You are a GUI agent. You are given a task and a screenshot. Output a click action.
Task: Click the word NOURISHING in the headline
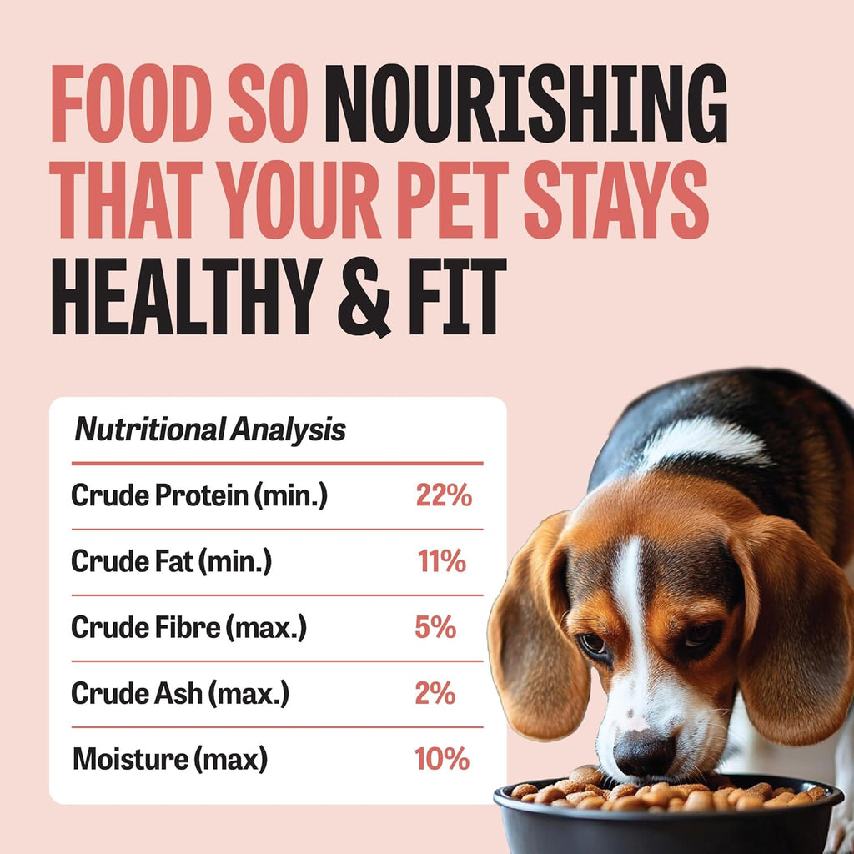[525, 103]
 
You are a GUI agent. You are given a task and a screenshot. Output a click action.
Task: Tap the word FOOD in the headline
[132, 103]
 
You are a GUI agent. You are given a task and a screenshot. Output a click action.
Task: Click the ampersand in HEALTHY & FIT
[364, 298]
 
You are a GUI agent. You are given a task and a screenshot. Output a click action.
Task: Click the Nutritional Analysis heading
[209, 430]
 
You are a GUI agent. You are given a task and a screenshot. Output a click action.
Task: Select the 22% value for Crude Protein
[444, 495]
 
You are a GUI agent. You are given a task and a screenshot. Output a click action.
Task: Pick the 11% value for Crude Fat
[442, 561]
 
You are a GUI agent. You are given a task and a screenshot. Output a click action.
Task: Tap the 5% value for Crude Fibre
[435, 627]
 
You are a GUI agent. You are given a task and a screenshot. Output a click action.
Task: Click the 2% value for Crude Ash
[435, 693]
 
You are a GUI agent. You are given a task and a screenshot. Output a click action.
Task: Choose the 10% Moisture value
[442, 759]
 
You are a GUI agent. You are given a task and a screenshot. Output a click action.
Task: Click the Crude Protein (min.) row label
[199, 496]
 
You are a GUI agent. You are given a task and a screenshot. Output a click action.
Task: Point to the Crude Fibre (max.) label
[189, 627]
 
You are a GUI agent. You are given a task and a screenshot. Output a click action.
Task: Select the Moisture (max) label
[170, 759]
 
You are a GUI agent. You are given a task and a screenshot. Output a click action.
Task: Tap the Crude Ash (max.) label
[180, 693]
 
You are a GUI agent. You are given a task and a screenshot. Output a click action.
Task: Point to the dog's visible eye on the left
[594, 645]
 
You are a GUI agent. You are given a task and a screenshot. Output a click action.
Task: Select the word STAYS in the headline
[616, 200]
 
